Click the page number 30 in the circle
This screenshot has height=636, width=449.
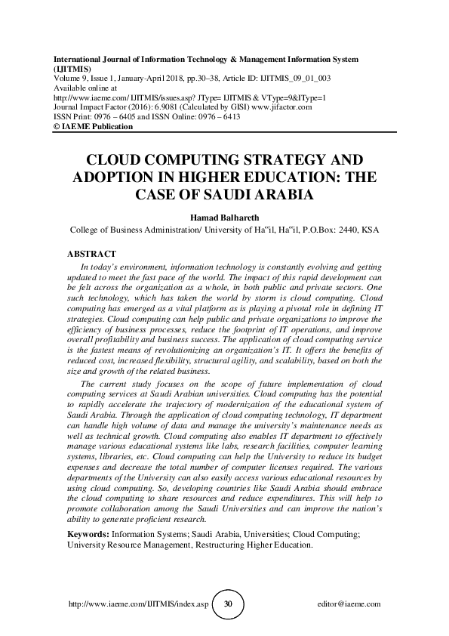[228, 604]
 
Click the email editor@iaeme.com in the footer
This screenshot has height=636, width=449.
[349, 604]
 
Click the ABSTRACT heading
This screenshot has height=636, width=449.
[93, 255]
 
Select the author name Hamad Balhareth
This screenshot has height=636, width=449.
[224, 217]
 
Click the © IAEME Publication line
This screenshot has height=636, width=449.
[93, 127]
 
